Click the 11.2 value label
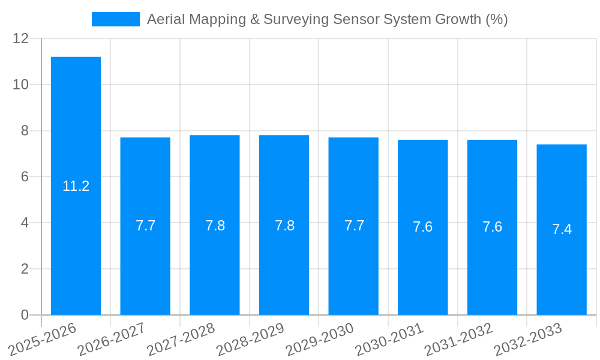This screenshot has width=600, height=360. [76, 186]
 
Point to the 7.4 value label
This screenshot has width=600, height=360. [562, 229]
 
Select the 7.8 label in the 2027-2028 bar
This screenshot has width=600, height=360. [215, 226]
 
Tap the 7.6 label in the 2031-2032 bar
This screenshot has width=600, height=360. [492, 227]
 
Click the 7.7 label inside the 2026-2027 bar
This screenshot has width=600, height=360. [145, 226]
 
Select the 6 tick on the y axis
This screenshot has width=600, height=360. [25, 177]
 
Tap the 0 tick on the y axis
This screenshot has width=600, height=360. [25, 315]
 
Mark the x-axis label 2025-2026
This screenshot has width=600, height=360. [43, 340]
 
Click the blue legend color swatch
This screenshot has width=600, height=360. [115, 19]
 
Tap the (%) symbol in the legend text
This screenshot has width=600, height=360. [496, 19]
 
